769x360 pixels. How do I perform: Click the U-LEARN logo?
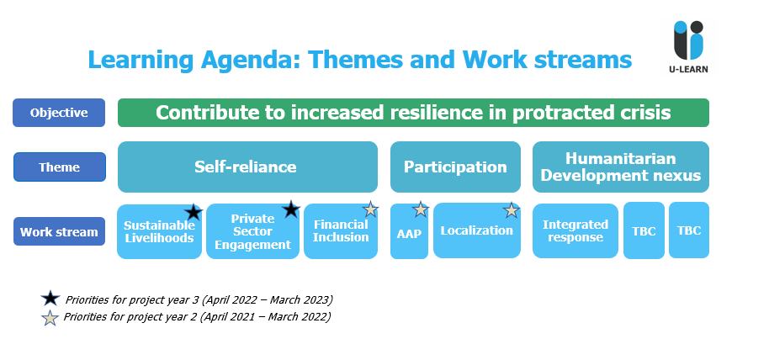tap(688, 46)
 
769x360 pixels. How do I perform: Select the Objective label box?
tap(59, 113)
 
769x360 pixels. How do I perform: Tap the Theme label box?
tap(60, 167)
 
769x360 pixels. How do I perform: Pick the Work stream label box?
tap(59, 231)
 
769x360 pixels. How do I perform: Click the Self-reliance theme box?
tap(247, 167)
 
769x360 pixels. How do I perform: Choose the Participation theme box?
tap(455, 167)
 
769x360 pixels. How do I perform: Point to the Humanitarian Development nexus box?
tap(621, 167)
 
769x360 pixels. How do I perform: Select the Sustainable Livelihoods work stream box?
tap(159, 231)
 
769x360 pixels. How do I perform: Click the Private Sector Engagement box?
tap(252, 231)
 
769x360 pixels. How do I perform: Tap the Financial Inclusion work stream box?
tap(341, 231)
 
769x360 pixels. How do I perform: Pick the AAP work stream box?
tap(409, 231)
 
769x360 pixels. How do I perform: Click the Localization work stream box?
tap(477, 230)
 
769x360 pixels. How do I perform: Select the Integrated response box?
tap(575, 230)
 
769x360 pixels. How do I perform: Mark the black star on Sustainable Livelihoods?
tap(194, 212)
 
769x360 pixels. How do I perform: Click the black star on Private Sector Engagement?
tap(291, 209)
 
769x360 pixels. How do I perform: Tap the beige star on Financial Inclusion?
tap(371, 209)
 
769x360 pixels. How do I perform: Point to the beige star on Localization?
tap(512, 210)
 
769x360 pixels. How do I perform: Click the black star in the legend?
tap(50, 299)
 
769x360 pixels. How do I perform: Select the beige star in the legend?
tap(50, 318)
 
